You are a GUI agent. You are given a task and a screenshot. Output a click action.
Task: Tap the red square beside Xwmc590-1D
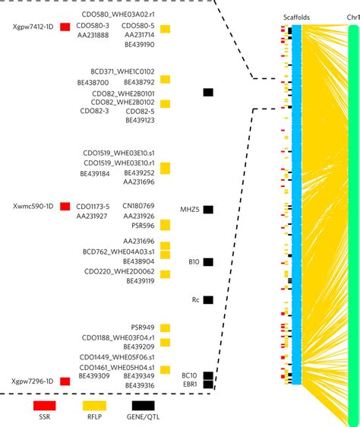[65, 207]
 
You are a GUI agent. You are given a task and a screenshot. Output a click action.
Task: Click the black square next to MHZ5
[207, 209]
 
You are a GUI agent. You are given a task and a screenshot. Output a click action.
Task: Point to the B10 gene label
[194, 262]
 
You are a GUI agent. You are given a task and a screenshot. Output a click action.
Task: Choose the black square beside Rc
[207, 300]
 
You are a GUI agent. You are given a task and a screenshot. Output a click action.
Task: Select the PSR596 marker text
[143, 226]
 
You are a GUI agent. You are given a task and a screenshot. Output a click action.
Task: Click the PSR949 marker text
[143, 327]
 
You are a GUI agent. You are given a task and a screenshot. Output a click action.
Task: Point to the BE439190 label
[138, 44]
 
